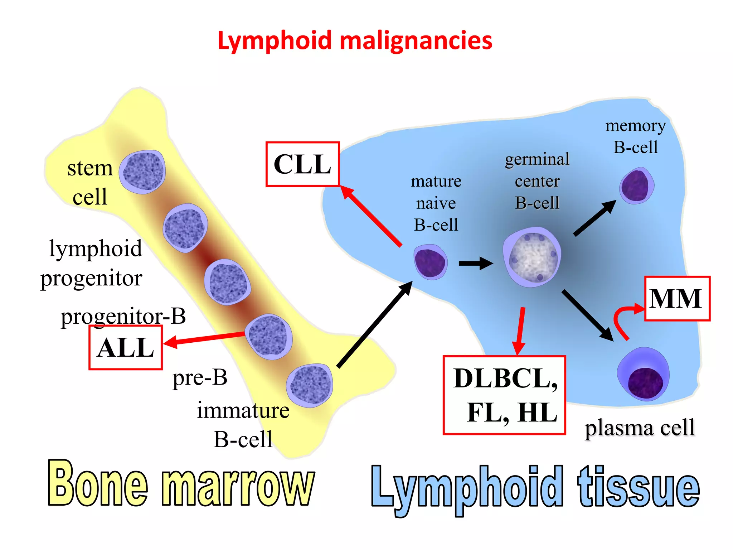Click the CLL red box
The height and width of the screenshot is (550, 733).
[302, 164]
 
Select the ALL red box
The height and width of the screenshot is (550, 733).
[126, 348]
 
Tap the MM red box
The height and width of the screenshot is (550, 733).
[677, 299]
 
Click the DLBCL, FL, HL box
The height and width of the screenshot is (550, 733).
[504, 395]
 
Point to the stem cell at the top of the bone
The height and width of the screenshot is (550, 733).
[142, 172]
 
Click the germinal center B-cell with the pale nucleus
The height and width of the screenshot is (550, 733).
[532, 257]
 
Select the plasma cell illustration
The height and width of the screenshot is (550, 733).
[643, 374]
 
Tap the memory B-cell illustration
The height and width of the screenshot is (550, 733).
[637, 186]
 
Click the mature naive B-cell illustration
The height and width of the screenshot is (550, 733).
[431, 262]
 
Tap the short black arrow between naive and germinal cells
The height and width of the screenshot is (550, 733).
[475, 264]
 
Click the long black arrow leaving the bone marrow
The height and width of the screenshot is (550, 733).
[374, 324]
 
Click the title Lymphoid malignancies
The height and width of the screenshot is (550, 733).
[355, 40]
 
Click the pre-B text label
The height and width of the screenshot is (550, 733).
[200, 378]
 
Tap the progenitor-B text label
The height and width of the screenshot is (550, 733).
[123, 317]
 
